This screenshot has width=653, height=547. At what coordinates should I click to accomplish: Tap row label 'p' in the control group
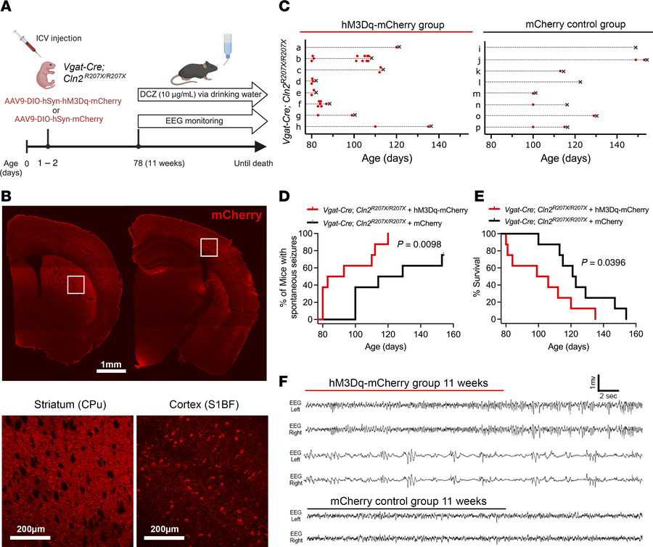click(475, 128)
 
